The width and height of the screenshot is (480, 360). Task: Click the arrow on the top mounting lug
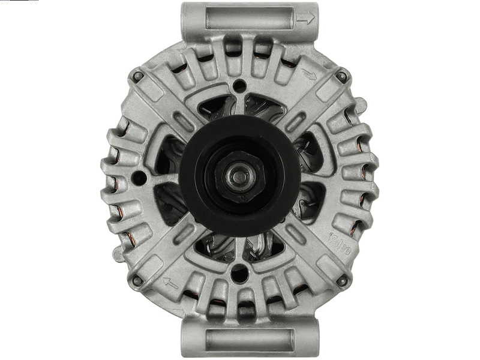(306, 20)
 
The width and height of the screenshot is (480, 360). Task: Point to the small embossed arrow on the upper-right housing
(310, 75)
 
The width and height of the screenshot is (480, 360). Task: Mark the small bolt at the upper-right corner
(343, 76)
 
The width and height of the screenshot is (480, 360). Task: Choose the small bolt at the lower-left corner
(137, 279)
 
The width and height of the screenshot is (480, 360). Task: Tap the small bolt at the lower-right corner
(343, 279)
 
